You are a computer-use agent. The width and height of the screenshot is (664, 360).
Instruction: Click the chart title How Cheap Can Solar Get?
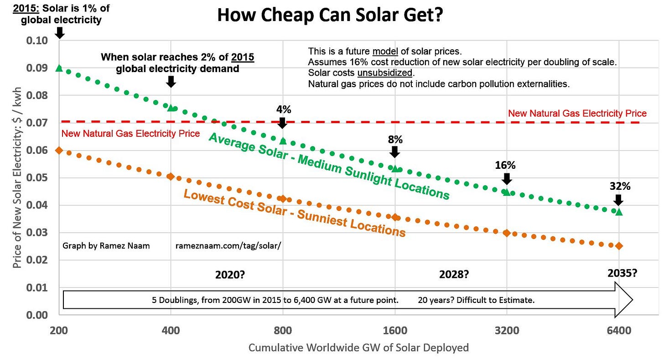pyautogui.click(x=330, y=15)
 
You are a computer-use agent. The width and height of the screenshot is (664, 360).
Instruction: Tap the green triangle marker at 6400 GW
pyautogui.click(x=619, y=212)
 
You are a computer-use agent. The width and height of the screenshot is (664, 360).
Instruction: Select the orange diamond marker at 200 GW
pyautogui.click(x=59, y=151)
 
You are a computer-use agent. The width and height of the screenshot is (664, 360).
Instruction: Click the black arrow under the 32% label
pyautogui.click(x=618, y=200)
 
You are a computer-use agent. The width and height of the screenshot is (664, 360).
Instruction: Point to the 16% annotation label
pyautogui.click(x=505, y=165)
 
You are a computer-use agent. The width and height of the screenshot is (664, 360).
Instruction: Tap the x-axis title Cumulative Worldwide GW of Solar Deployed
pyautogui.click(x=358, y=348)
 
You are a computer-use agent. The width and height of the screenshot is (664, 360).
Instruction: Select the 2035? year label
pyautogui.click(x=622, y=273)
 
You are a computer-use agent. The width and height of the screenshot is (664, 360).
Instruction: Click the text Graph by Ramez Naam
pyautogui.click(x=106, y=246)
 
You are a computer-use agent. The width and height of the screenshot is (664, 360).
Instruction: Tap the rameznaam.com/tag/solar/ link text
pyautogui.click(x=228, y=246)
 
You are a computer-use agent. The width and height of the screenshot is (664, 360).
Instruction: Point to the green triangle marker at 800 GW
pyautogui.click(x=283, y=141)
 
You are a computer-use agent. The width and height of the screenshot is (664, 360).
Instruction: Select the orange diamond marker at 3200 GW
pyautogui.click(x=506, y=233)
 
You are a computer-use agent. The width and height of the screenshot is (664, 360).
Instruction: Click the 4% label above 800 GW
pyautogui.click(x=283, y=110)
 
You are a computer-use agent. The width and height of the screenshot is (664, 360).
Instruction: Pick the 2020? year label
pyautogui.click(x=230, y=275)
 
